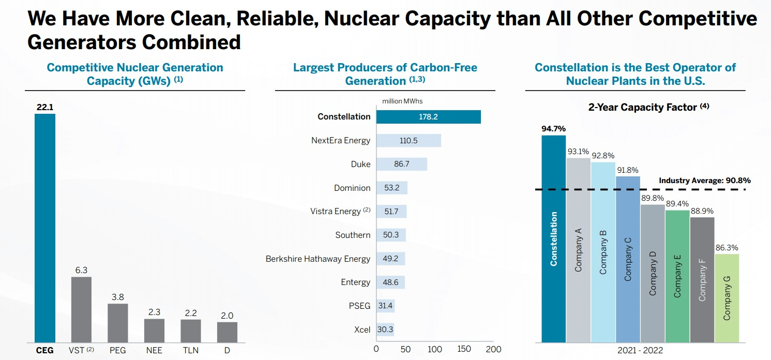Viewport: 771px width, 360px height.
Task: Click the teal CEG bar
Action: pos(44,228)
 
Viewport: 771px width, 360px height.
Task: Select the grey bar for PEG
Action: pos(118,323)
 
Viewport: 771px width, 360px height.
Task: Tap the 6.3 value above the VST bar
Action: pos(81,270)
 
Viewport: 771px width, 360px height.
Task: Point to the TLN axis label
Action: pos(190,351)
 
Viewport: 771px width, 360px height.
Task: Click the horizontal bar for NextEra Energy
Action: pos(409,141)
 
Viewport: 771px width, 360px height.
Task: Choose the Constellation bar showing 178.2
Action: pos(428,117)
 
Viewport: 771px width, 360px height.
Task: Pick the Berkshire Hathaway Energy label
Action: pos(318,259)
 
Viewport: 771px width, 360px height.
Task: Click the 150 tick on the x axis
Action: pos(464,350)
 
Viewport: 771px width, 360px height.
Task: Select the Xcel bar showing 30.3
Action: pos(385,329)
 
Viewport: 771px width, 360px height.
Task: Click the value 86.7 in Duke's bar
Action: pos(401,164)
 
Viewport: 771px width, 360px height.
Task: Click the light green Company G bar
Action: pos(727,298)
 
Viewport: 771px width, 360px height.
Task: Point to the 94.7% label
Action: pos(554,129)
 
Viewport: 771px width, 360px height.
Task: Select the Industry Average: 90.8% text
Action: pos(704,181)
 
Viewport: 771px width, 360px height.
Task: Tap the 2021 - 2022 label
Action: pos(640,352)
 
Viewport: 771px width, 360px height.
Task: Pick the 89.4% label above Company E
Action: pos(677,204)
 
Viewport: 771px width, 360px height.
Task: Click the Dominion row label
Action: pos(352,188)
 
